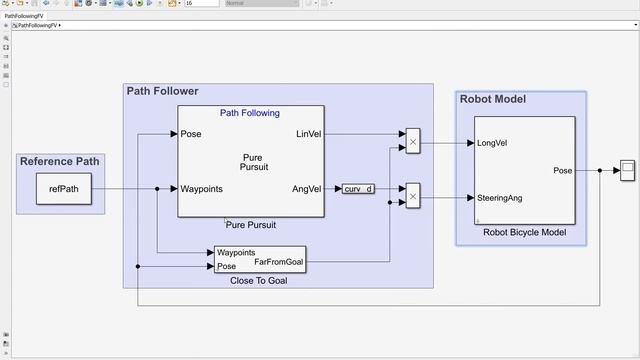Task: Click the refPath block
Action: coord(63,189)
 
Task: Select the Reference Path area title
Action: coord(60,162)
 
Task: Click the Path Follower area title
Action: coord(162,91)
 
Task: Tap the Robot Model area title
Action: coord(492,99)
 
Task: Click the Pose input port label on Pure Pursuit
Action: coord(191,134)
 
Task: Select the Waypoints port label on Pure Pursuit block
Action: coord(201,189)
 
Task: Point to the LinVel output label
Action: coord(308,134)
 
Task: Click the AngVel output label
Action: coord(307,189)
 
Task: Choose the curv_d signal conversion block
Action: coord(358,189)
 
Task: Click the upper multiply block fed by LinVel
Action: coord(412,143)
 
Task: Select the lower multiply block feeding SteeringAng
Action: coord(412,198)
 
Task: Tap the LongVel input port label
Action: coord(492,143)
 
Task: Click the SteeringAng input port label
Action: coord(500,198)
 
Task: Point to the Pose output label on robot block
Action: coord(563,171)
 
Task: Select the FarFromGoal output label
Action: coord(278,262)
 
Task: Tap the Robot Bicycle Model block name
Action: coord(524,233)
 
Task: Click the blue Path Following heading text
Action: coord(250,113)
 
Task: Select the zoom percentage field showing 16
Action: coord(199,4)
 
